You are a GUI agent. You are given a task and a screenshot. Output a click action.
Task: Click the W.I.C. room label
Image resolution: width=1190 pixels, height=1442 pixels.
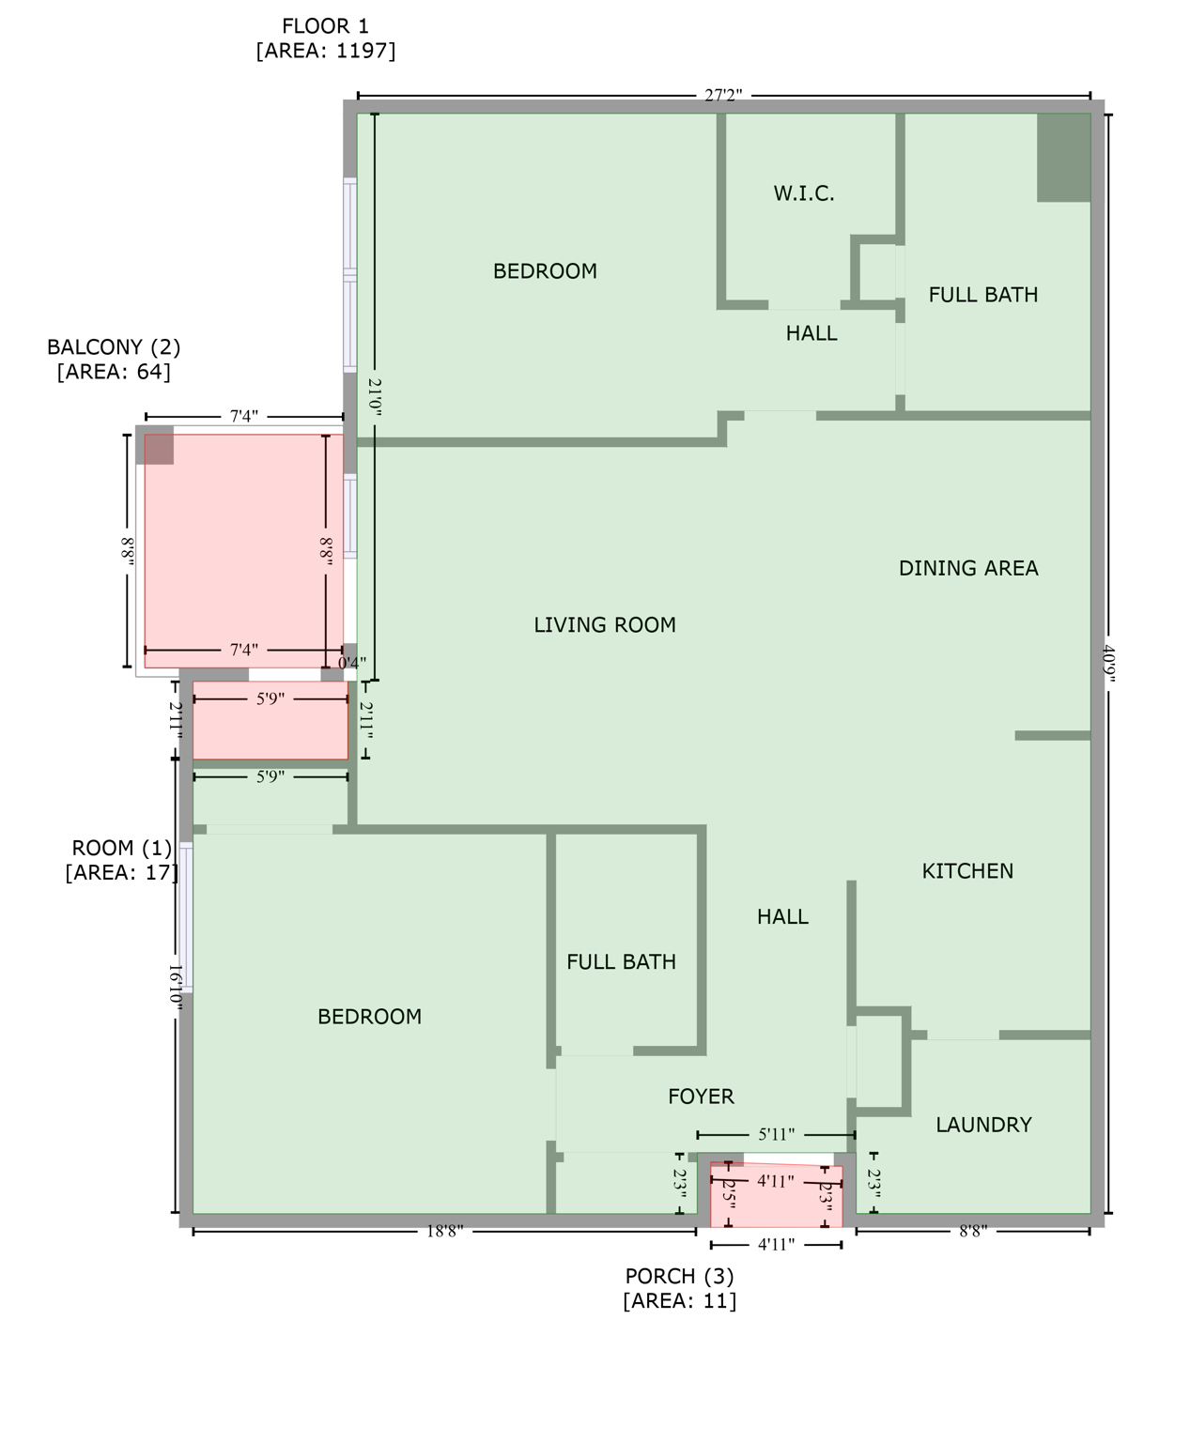click(803, 193)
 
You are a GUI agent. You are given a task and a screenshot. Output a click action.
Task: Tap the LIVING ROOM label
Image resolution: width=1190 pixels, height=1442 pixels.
click(604, 624)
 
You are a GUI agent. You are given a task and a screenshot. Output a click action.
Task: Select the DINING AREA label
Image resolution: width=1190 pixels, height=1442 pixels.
click(967, 568)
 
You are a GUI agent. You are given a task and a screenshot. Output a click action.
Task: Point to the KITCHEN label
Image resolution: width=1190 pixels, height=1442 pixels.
click(966, 871)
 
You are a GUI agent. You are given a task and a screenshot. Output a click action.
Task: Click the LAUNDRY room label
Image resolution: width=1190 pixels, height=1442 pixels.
click(982, 1125)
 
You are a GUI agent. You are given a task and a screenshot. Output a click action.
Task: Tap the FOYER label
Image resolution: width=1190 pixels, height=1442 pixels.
click(701, 1097)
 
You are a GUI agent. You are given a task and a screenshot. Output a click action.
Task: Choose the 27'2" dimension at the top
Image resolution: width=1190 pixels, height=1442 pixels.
click(723, 95)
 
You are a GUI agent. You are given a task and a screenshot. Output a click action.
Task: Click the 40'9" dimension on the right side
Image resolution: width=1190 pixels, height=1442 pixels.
click(1108, 665)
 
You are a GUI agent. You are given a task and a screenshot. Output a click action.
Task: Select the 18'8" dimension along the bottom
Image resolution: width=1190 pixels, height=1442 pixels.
click(445, 1231)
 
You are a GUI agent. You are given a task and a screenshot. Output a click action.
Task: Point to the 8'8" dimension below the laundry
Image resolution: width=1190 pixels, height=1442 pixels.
click(972, 1231)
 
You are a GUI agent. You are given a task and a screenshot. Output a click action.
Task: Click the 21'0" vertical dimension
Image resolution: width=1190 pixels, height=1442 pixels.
click(375, 397)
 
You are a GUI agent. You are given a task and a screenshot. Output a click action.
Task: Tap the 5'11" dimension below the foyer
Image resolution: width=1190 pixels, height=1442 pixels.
click(776, 1135)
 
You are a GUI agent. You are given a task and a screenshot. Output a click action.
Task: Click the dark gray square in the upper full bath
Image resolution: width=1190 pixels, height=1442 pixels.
click(1063, 158)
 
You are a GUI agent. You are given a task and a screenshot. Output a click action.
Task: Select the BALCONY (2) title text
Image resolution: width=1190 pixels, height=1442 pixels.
click(114, 347)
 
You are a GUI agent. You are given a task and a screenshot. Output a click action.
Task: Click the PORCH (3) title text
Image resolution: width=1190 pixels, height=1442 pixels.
click(679, 1277)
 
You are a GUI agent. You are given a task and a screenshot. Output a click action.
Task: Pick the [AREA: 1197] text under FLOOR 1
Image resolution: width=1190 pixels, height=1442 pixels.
click(325, 51)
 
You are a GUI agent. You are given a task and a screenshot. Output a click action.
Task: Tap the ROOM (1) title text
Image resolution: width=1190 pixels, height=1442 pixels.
click(122, 849)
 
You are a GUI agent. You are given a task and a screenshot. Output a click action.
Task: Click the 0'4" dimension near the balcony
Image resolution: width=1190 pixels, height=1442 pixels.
click(352, 663)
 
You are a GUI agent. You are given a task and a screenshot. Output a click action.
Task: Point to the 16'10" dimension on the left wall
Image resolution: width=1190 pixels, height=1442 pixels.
click(175, 986)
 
